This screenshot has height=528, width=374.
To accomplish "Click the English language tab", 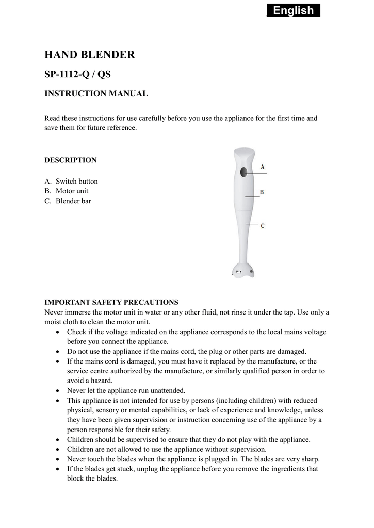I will point(294,10).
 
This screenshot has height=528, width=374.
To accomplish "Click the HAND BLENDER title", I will point(90,55).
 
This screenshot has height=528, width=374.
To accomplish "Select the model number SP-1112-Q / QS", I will point(77,74).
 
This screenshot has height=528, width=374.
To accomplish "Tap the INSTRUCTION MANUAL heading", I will point(96,94).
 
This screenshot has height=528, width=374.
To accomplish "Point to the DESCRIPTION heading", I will point(71,160).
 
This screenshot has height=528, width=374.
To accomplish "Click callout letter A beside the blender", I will point(263,167).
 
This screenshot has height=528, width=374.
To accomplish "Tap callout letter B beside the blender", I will point(262,192).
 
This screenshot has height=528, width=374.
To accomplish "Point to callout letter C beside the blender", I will point(263,226).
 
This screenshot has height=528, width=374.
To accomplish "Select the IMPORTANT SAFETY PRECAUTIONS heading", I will point(111,302).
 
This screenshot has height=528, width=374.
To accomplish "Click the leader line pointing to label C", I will point(252,225).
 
